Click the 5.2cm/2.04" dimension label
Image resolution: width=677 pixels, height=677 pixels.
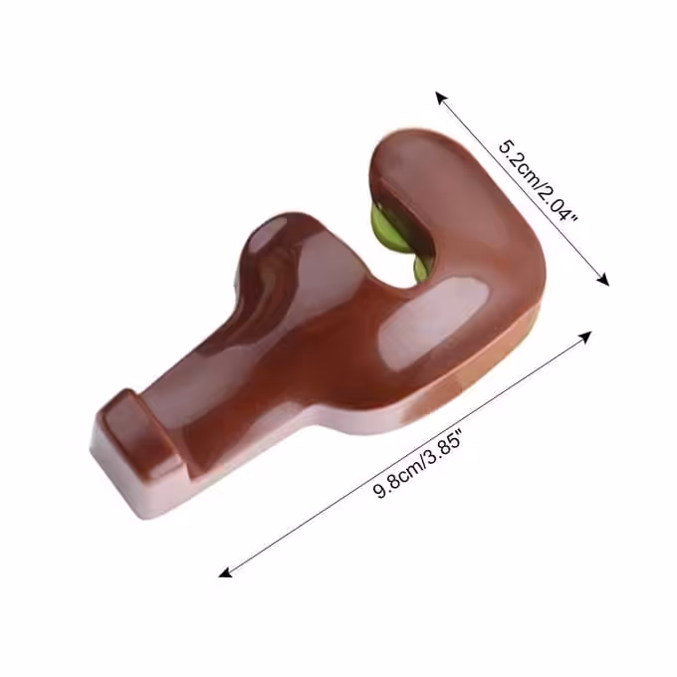tap(537, 180)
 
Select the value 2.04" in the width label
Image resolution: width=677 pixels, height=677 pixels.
tap(559, 203)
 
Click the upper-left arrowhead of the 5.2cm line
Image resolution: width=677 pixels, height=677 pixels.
tap(441, 98)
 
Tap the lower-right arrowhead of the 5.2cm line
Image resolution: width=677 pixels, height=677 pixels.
tap(603, 280)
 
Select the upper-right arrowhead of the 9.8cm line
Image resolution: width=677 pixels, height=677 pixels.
tap(585, 337)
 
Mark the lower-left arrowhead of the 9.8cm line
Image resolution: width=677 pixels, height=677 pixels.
tap(225, 572)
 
